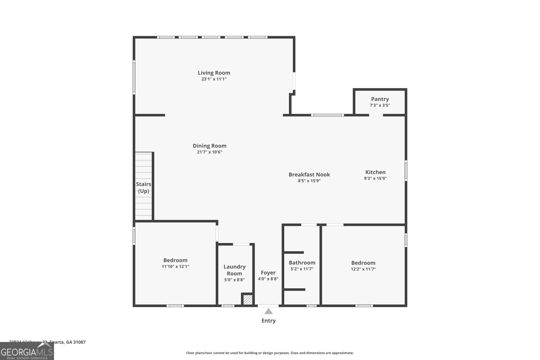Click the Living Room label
[214, 73]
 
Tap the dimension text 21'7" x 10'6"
[209, 152]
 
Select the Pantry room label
[380, 99]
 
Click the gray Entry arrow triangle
[268, 311]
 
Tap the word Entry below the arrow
[268, 321]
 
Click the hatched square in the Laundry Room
[248, 300]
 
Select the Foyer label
[268, 273]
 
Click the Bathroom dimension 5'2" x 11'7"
[302, 269]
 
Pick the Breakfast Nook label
[309, 174]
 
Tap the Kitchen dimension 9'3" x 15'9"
[375, 178]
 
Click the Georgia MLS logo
[27, 351]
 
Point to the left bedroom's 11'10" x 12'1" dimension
[175, 267]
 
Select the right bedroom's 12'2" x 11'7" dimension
[363, 269]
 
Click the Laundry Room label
[234, 270]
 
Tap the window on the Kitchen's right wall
[406, 171]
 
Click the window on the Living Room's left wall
[134, 77]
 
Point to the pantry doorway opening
[376, 115]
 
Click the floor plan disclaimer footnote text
[270, 353]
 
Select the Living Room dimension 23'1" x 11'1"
[214, 79]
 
